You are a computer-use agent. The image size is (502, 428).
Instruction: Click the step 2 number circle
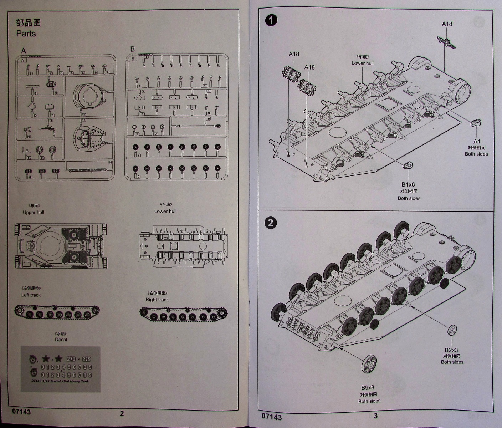271,223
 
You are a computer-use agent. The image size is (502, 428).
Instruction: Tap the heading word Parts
26,34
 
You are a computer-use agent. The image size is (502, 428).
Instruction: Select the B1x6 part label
409,184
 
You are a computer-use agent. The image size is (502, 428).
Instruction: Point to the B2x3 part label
451,350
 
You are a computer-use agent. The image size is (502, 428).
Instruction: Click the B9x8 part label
368,388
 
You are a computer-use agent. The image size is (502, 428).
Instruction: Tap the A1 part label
477,141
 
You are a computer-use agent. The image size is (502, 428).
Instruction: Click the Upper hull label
34,212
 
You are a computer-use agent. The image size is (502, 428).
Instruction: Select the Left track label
31,295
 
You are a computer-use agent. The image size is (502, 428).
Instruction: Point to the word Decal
61,340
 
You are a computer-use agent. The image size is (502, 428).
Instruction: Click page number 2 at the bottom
122,413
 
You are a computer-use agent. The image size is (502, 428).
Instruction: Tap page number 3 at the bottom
375,415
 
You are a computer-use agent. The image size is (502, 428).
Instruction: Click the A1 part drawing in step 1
476,123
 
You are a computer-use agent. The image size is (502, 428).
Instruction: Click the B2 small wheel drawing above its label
452,331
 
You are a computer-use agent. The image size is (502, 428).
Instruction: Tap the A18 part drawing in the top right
446,41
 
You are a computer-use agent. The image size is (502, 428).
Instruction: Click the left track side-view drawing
57,313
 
